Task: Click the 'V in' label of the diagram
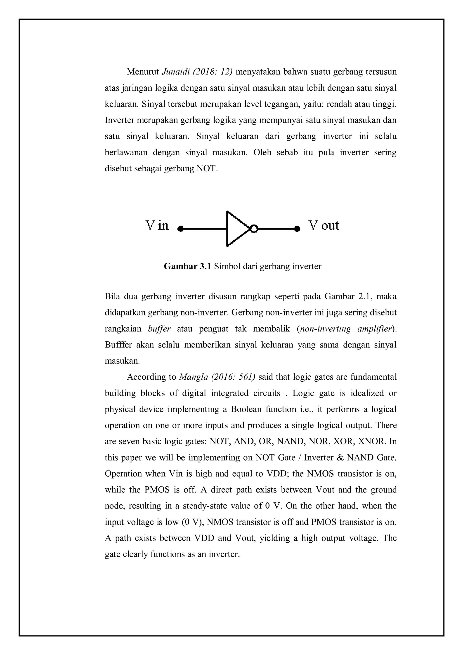coord(157,226)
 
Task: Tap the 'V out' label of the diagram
coord(324,226)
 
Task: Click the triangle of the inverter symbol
coord(236,229)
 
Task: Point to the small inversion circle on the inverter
coord(254,229)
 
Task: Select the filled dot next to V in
coord(180,229)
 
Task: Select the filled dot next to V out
coord(297,229)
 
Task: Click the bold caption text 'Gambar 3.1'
coord(187,266)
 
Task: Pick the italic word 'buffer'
coord(159,329)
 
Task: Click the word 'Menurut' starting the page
coord(143,72)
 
